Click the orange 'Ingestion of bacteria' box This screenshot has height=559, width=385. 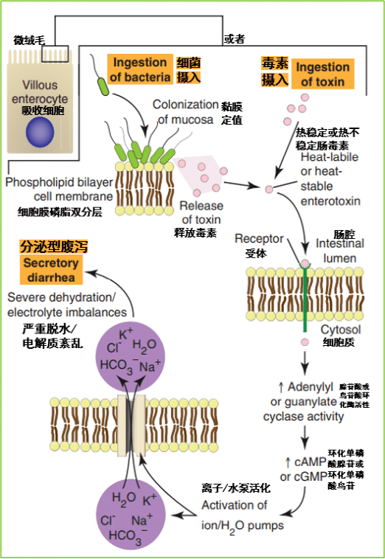click(x=140, y=69)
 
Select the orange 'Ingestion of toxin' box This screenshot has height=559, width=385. click(x=322, y=74)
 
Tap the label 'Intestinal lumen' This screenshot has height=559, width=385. click(x=339, y=251)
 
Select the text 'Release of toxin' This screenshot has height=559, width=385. click(x=200, y=213)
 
